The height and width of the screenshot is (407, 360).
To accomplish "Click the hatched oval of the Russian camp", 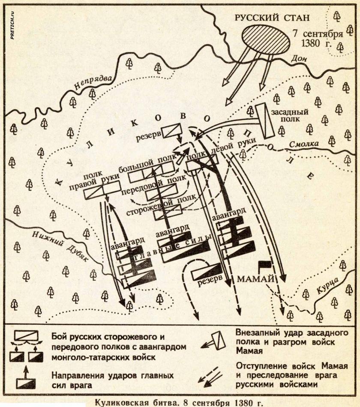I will pos(259,39).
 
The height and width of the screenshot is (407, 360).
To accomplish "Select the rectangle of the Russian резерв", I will pos(174,130).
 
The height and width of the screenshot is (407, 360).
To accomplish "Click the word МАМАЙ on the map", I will pos(255,279).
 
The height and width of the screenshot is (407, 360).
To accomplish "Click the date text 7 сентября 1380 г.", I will pos(317,39).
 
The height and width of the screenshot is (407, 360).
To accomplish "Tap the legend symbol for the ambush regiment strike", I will pos(213,341).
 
